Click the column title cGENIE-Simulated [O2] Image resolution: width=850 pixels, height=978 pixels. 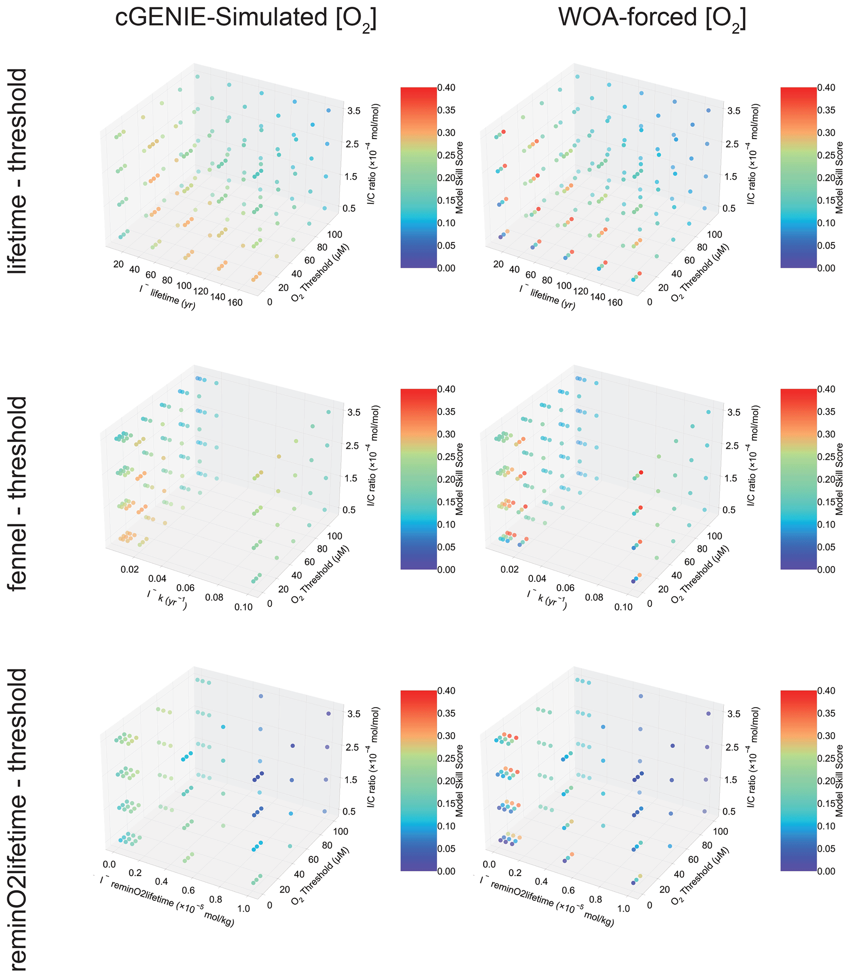246,19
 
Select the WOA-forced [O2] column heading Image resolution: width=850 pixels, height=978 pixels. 652,19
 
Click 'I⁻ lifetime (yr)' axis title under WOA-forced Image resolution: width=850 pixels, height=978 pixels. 547,297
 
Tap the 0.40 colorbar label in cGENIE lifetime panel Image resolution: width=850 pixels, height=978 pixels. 446,88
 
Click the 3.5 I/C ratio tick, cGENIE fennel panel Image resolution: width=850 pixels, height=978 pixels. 354,412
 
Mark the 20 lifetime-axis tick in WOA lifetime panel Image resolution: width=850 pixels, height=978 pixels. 498,264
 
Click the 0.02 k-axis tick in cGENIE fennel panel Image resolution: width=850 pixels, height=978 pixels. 130,569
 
